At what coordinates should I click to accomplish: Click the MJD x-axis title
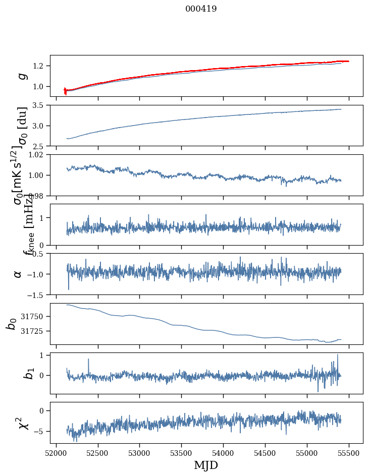click(x=206, y=465)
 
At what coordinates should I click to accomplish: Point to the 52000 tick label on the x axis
click(x=56, y=453)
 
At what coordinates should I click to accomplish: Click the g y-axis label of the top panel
click(x=21, y=76)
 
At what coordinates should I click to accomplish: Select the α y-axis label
click(x=18, y=274)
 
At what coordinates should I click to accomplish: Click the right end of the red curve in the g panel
click(x=348, y=61)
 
